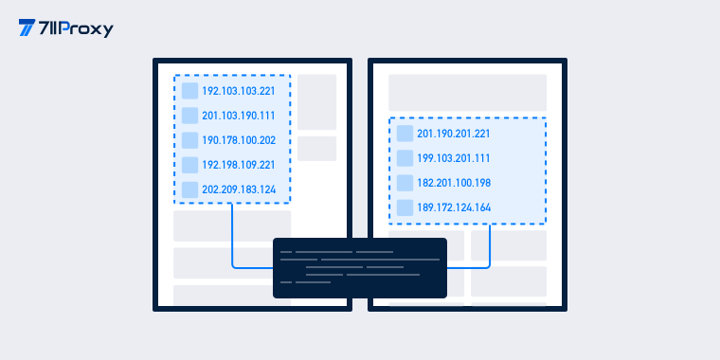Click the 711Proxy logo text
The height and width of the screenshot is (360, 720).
[x=76, y=29]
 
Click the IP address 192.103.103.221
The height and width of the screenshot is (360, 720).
[x=239, y=91]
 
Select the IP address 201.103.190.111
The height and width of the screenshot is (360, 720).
[x=239, y=116]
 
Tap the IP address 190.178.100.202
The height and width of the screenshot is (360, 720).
[x=239, y=140]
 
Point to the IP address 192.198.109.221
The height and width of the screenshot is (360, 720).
[x=239, y=165]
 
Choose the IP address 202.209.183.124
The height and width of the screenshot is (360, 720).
[x=239, y=189]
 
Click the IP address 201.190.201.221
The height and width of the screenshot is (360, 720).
[x=453, y=134]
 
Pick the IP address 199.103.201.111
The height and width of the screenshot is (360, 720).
[x=453, y=158]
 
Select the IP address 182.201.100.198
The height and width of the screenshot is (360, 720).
[x=454, y=183]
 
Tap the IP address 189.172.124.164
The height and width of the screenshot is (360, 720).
[x=454, y=208]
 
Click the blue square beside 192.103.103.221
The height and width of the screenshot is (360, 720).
[x=189, y=91]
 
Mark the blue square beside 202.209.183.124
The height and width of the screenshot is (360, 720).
[x=189, y=189]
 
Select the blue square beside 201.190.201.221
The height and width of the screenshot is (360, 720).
[x=405, y=134]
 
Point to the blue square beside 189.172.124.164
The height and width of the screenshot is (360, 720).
[x=405, y=208]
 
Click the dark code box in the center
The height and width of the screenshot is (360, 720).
[x=360, y=268]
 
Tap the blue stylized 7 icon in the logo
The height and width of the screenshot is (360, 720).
[x=27, y=27]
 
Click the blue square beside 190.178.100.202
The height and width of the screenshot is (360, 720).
[x=189, y=140]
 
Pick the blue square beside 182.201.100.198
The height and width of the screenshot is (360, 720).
[x=405, y=183]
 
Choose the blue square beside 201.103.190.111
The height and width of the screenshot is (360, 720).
[x=189, y=116]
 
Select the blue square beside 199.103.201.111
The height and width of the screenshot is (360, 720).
[x=405, y=158]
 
